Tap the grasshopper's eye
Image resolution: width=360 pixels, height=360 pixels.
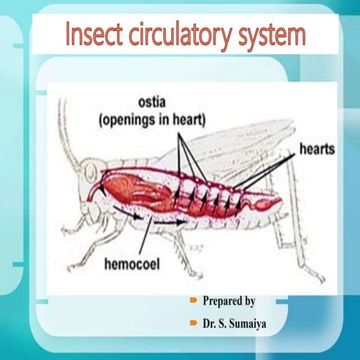pyautogui.click(x=91, y=173)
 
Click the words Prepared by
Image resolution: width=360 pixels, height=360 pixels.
pyautogui.click(x=229, y=301)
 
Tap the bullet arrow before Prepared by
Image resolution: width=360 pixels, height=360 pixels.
pyautogui.click(x=193, y=301)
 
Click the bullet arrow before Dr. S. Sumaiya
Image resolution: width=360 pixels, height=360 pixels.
pyautogui.click(x=193, y=323)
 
